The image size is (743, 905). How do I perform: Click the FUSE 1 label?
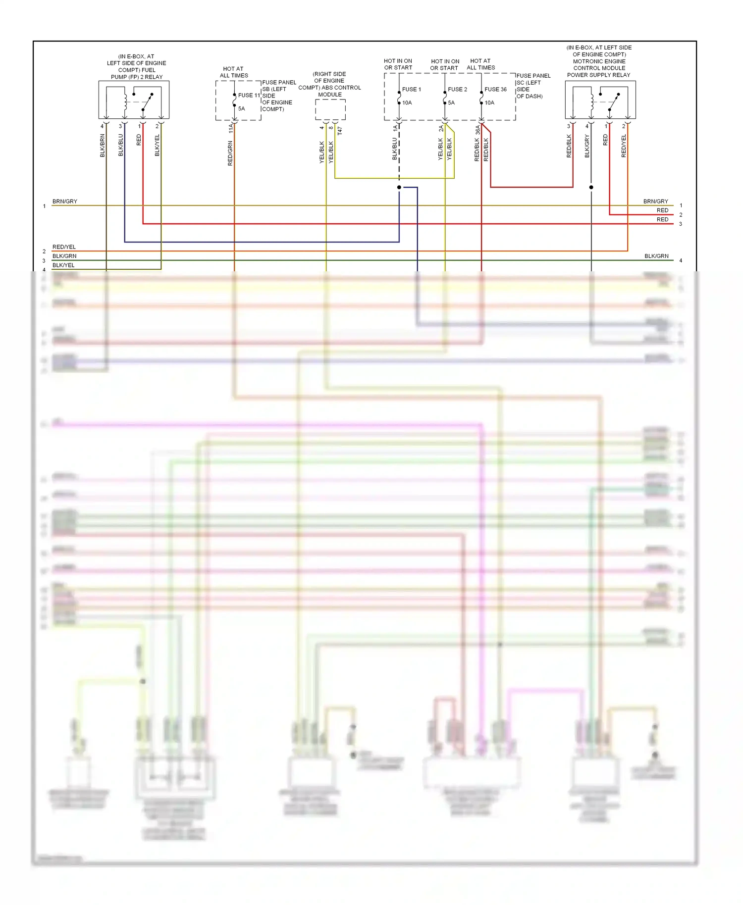click(x=411, y=90)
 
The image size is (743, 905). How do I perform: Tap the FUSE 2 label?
click(x=457, y=90)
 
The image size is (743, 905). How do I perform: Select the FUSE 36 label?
click(x=495, y=90)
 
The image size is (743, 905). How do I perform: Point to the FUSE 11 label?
click(x=249, y=95)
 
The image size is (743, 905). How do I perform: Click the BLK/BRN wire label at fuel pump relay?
click(x=103, y=146)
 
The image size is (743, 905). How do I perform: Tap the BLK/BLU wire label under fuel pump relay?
click(x=120, y=146)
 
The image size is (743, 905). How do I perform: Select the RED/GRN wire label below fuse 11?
click(x=230, y=153)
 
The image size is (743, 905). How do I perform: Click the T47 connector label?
click(x=340, y=131)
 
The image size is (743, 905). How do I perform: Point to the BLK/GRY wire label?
click(x=587, y=146)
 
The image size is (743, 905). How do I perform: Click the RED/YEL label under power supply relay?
click(x=624, y=146)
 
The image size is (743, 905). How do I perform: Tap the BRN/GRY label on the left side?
click(x=65, y=201)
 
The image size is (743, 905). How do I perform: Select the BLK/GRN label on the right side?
click(x=656, y=256)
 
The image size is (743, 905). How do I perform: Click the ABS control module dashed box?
click(x=330, y=109)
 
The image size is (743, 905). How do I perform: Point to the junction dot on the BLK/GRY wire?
click(x=591, y=187)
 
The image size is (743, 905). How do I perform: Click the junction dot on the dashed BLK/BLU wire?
click(x=399, y=187)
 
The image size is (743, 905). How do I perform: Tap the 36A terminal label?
click(x=478, y=130)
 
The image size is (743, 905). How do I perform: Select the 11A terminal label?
click(x=231, y=129)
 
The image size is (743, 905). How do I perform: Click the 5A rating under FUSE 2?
click(x=451, y=103)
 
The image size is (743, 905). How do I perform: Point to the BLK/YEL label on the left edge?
click(x=63, y=265)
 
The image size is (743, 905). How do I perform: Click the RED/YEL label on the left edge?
click(x=64, y=247)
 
